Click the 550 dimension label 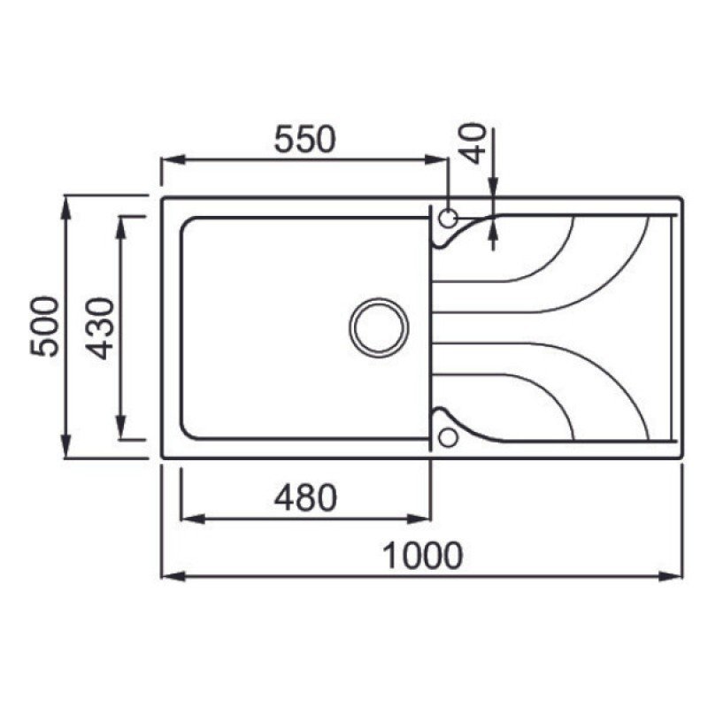click(305, 139)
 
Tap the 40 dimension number click(475, 143)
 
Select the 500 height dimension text click(44, 327)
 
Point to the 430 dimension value click(100, 328)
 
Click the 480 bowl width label click(305, 497)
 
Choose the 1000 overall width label click(423, 555)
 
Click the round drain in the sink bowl click(379, 327)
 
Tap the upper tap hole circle click(448, 219)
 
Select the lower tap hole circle click(449, 437)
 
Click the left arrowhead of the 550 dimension click(173, 160)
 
